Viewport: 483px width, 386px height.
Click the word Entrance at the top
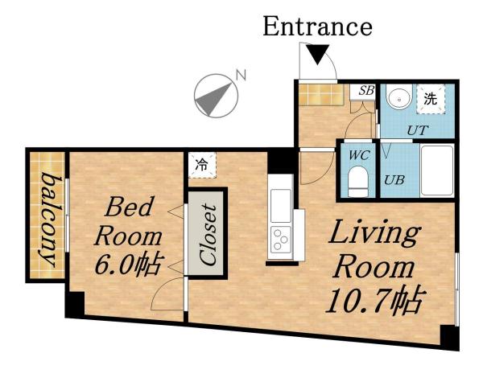317,27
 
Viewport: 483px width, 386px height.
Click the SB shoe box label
365,90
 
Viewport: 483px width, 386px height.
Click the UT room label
417,129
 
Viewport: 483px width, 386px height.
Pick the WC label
357,153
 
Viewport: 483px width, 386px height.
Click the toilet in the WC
357,180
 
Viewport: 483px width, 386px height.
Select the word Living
374,233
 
